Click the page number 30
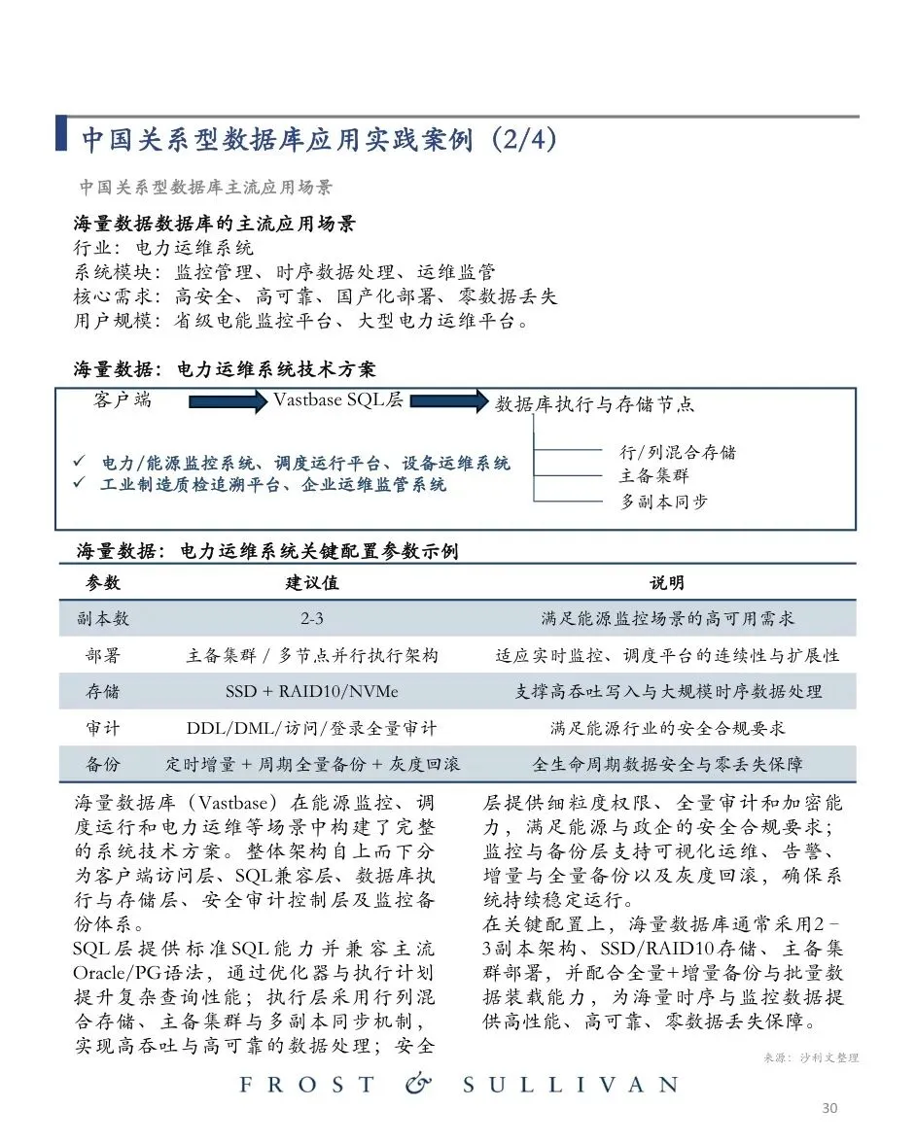(829, 1108)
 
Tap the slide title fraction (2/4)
(524, 139)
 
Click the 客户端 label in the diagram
(123, 400)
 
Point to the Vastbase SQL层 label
(337, 400)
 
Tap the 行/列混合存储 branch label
(678, 452)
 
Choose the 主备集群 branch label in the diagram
(653, 476)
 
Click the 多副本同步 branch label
(665, 502)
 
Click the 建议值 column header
(311, 583)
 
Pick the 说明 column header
(667, 583)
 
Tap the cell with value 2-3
(311, 619)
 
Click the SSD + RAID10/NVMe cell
(311, 692)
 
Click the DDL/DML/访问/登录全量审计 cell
(311, 728)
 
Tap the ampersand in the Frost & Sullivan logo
(418, 1084)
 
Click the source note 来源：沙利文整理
(807, 1057)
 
